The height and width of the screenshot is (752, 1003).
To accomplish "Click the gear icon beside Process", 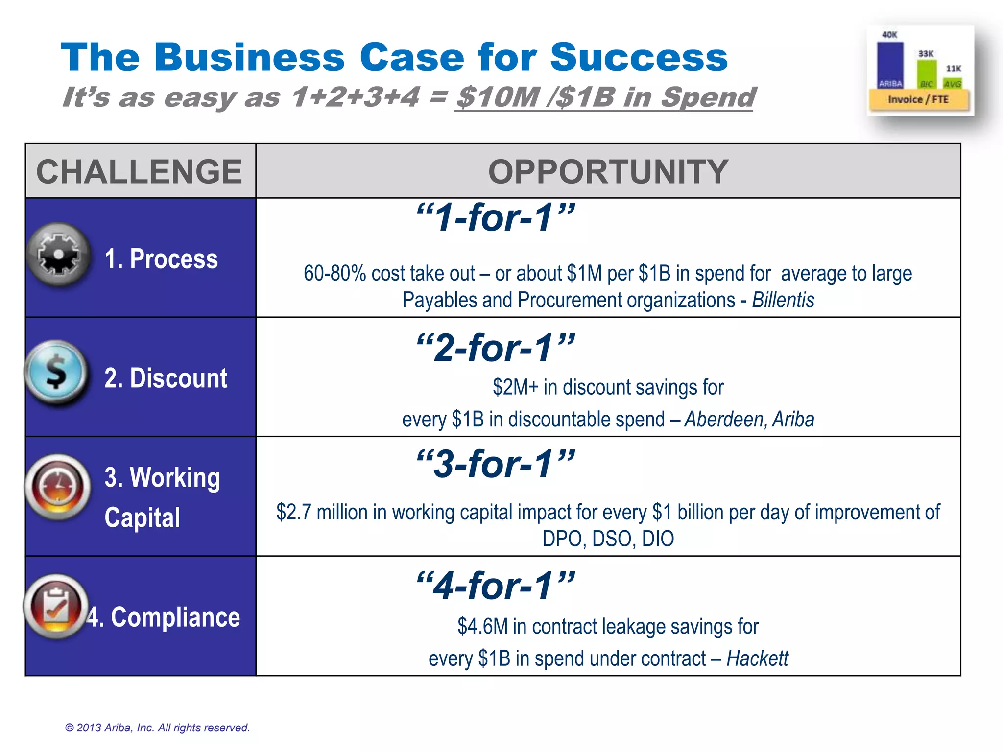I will click(59, 254).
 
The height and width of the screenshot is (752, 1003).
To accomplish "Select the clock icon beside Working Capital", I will click(58, 487).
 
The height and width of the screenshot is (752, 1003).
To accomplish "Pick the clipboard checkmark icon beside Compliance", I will click(56, 606).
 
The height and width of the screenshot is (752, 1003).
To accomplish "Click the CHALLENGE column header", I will click(140, 172).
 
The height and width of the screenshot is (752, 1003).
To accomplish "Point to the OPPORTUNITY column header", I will click(608, 172).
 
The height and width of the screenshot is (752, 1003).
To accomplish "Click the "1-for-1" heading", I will click(495, 217).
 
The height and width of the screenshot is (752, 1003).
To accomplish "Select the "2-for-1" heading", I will click(495, 348).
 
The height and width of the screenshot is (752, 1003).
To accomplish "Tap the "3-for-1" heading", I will click(495, 464).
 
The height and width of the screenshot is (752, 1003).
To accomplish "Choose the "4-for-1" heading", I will click(495, 586).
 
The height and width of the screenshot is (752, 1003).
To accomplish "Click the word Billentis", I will click(783, 300).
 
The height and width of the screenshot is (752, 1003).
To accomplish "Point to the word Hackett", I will click(757, 658).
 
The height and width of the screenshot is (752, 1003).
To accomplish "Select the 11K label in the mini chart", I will click(953, 69).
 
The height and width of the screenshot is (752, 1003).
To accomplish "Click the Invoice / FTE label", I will click(918, 100).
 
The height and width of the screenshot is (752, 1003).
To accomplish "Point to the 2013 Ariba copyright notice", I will click(158, 728).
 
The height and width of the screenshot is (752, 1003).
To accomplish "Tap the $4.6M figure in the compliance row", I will click(482, 627).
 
